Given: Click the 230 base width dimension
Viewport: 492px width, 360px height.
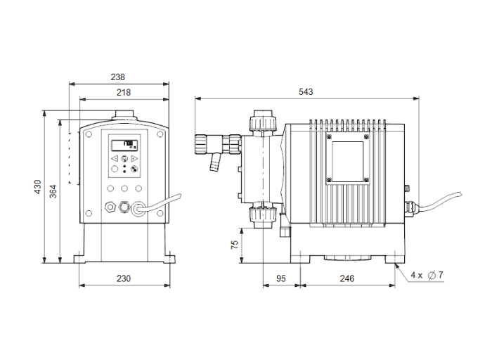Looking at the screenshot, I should click(x=123, y=278).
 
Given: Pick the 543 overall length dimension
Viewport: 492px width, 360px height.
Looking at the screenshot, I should click(x=306, y=92).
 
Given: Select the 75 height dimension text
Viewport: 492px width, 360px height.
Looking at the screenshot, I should click(x=235, y=244).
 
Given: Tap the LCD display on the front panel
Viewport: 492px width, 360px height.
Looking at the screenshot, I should click(x=124, y=145).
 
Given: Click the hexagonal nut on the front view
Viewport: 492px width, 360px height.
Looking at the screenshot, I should click(x=110, y=207).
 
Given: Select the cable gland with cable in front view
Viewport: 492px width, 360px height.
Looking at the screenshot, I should click(x=139, y=207).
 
